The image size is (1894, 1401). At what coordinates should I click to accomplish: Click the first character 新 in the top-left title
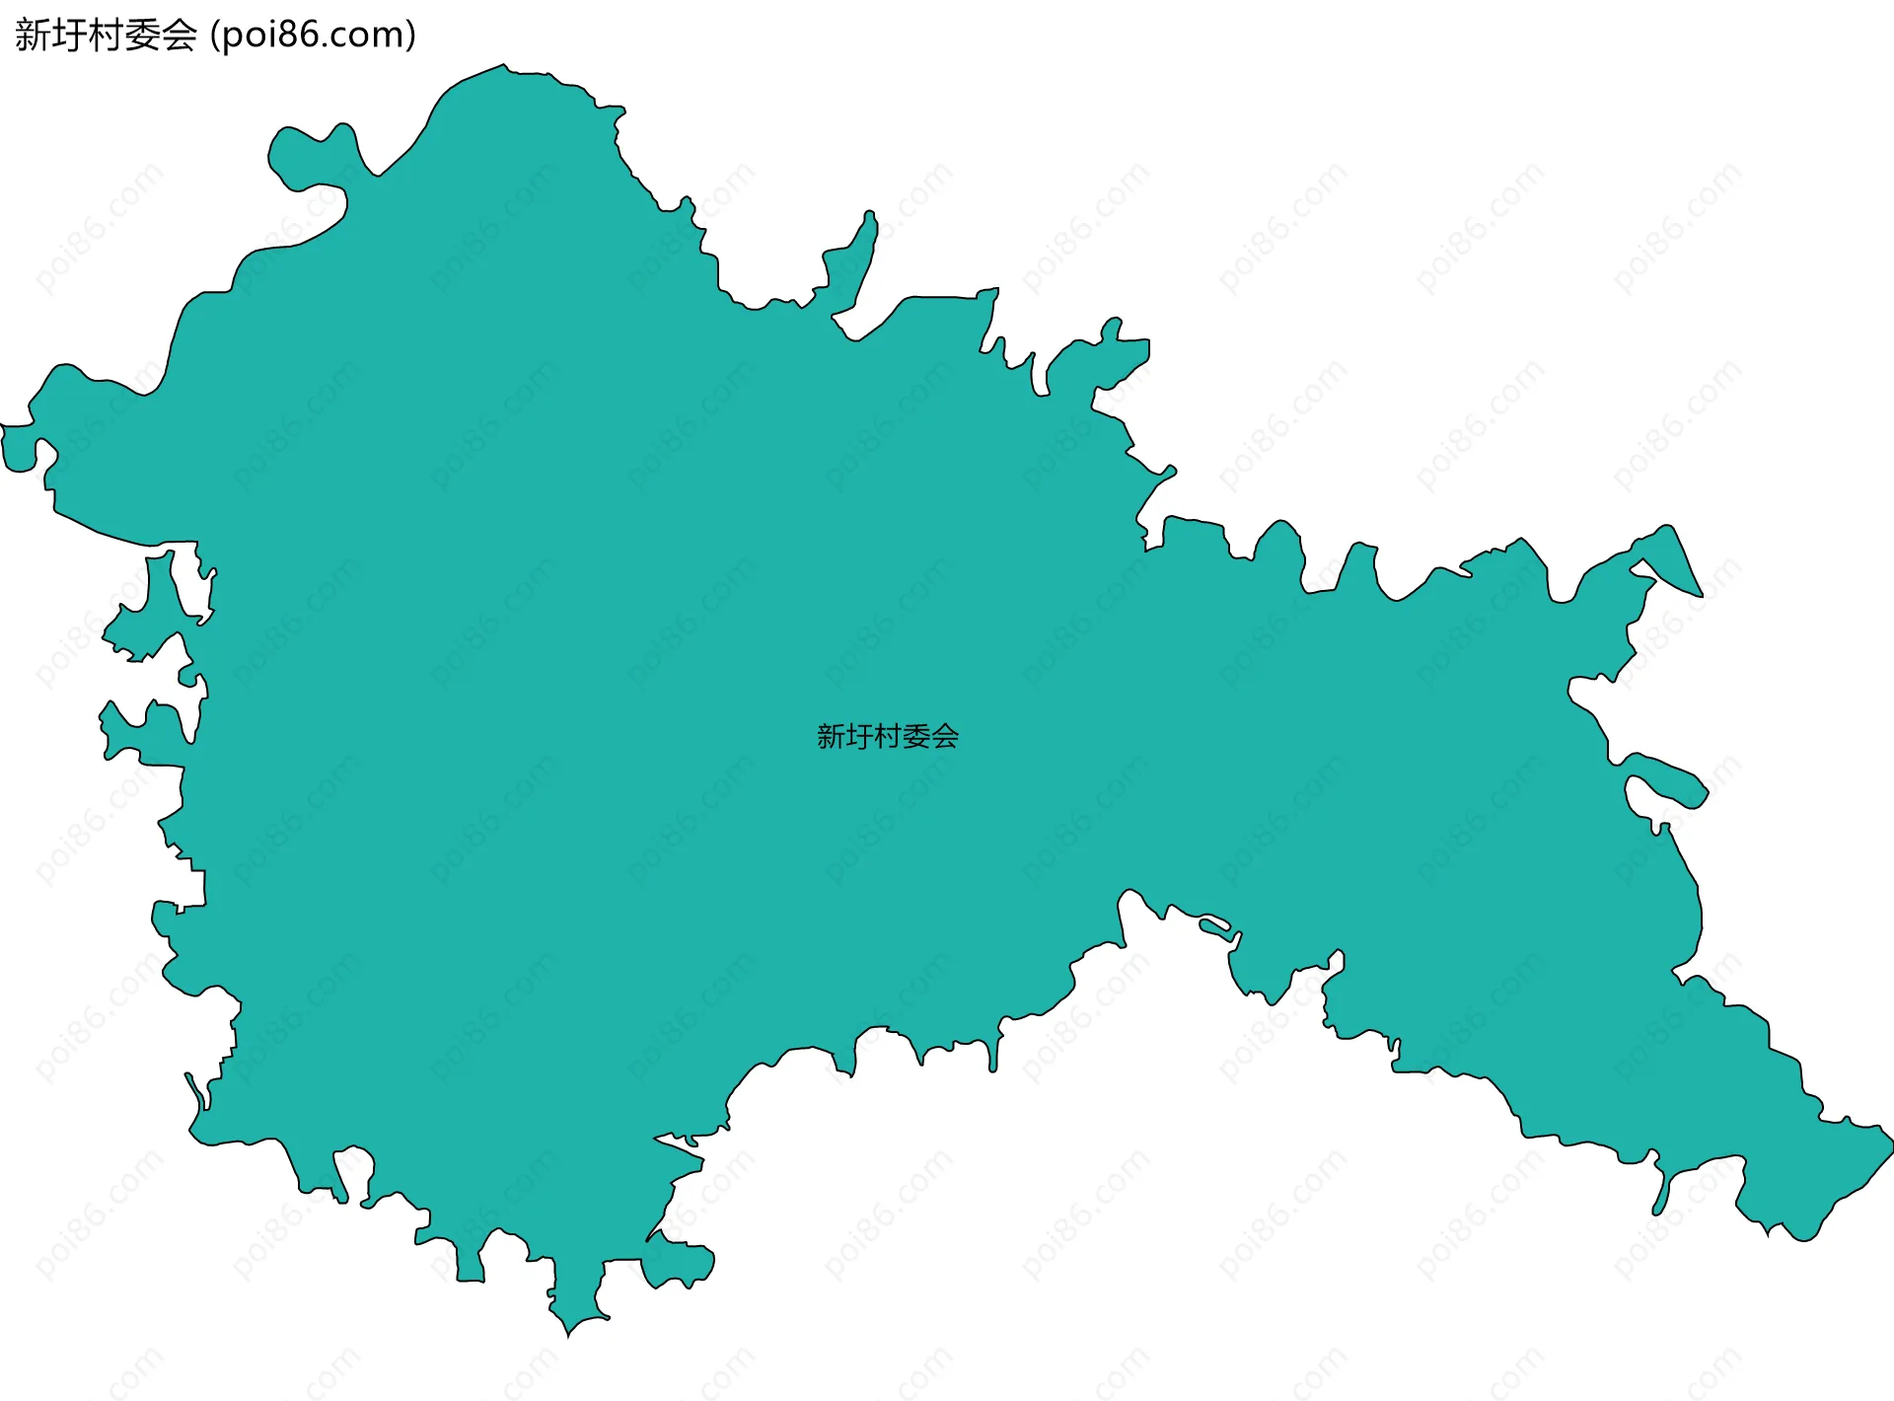[33, 36]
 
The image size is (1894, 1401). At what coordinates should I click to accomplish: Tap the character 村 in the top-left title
[106, 36]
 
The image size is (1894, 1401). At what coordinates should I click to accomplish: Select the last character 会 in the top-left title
[180, 36]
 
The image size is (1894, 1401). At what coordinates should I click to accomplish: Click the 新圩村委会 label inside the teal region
[887, 736]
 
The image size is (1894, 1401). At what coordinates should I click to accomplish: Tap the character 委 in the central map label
[915, 736]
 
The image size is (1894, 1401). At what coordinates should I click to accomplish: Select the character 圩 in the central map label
[858, 736]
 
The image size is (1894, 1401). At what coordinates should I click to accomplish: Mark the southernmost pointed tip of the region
[568, 1334]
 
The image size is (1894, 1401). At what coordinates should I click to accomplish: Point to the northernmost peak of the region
[504, 67]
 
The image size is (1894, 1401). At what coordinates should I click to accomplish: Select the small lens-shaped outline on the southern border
[1215, 927]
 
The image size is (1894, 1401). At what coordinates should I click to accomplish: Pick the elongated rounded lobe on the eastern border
[1667, 779]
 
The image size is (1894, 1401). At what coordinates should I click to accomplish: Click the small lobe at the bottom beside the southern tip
[679, 1265]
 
